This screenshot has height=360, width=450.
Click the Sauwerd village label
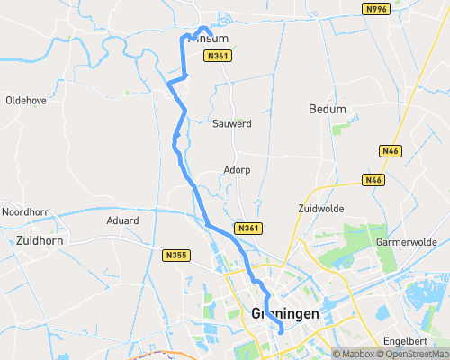tap(231, 122)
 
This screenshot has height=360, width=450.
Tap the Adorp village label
tap(237, 169)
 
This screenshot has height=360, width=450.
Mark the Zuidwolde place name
tap(319, 208)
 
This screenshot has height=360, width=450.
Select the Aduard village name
tap(122, 220)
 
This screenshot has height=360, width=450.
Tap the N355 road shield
tap(176, 256)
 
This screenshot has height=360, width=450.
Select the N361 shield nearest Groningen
tap(248, 229)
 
